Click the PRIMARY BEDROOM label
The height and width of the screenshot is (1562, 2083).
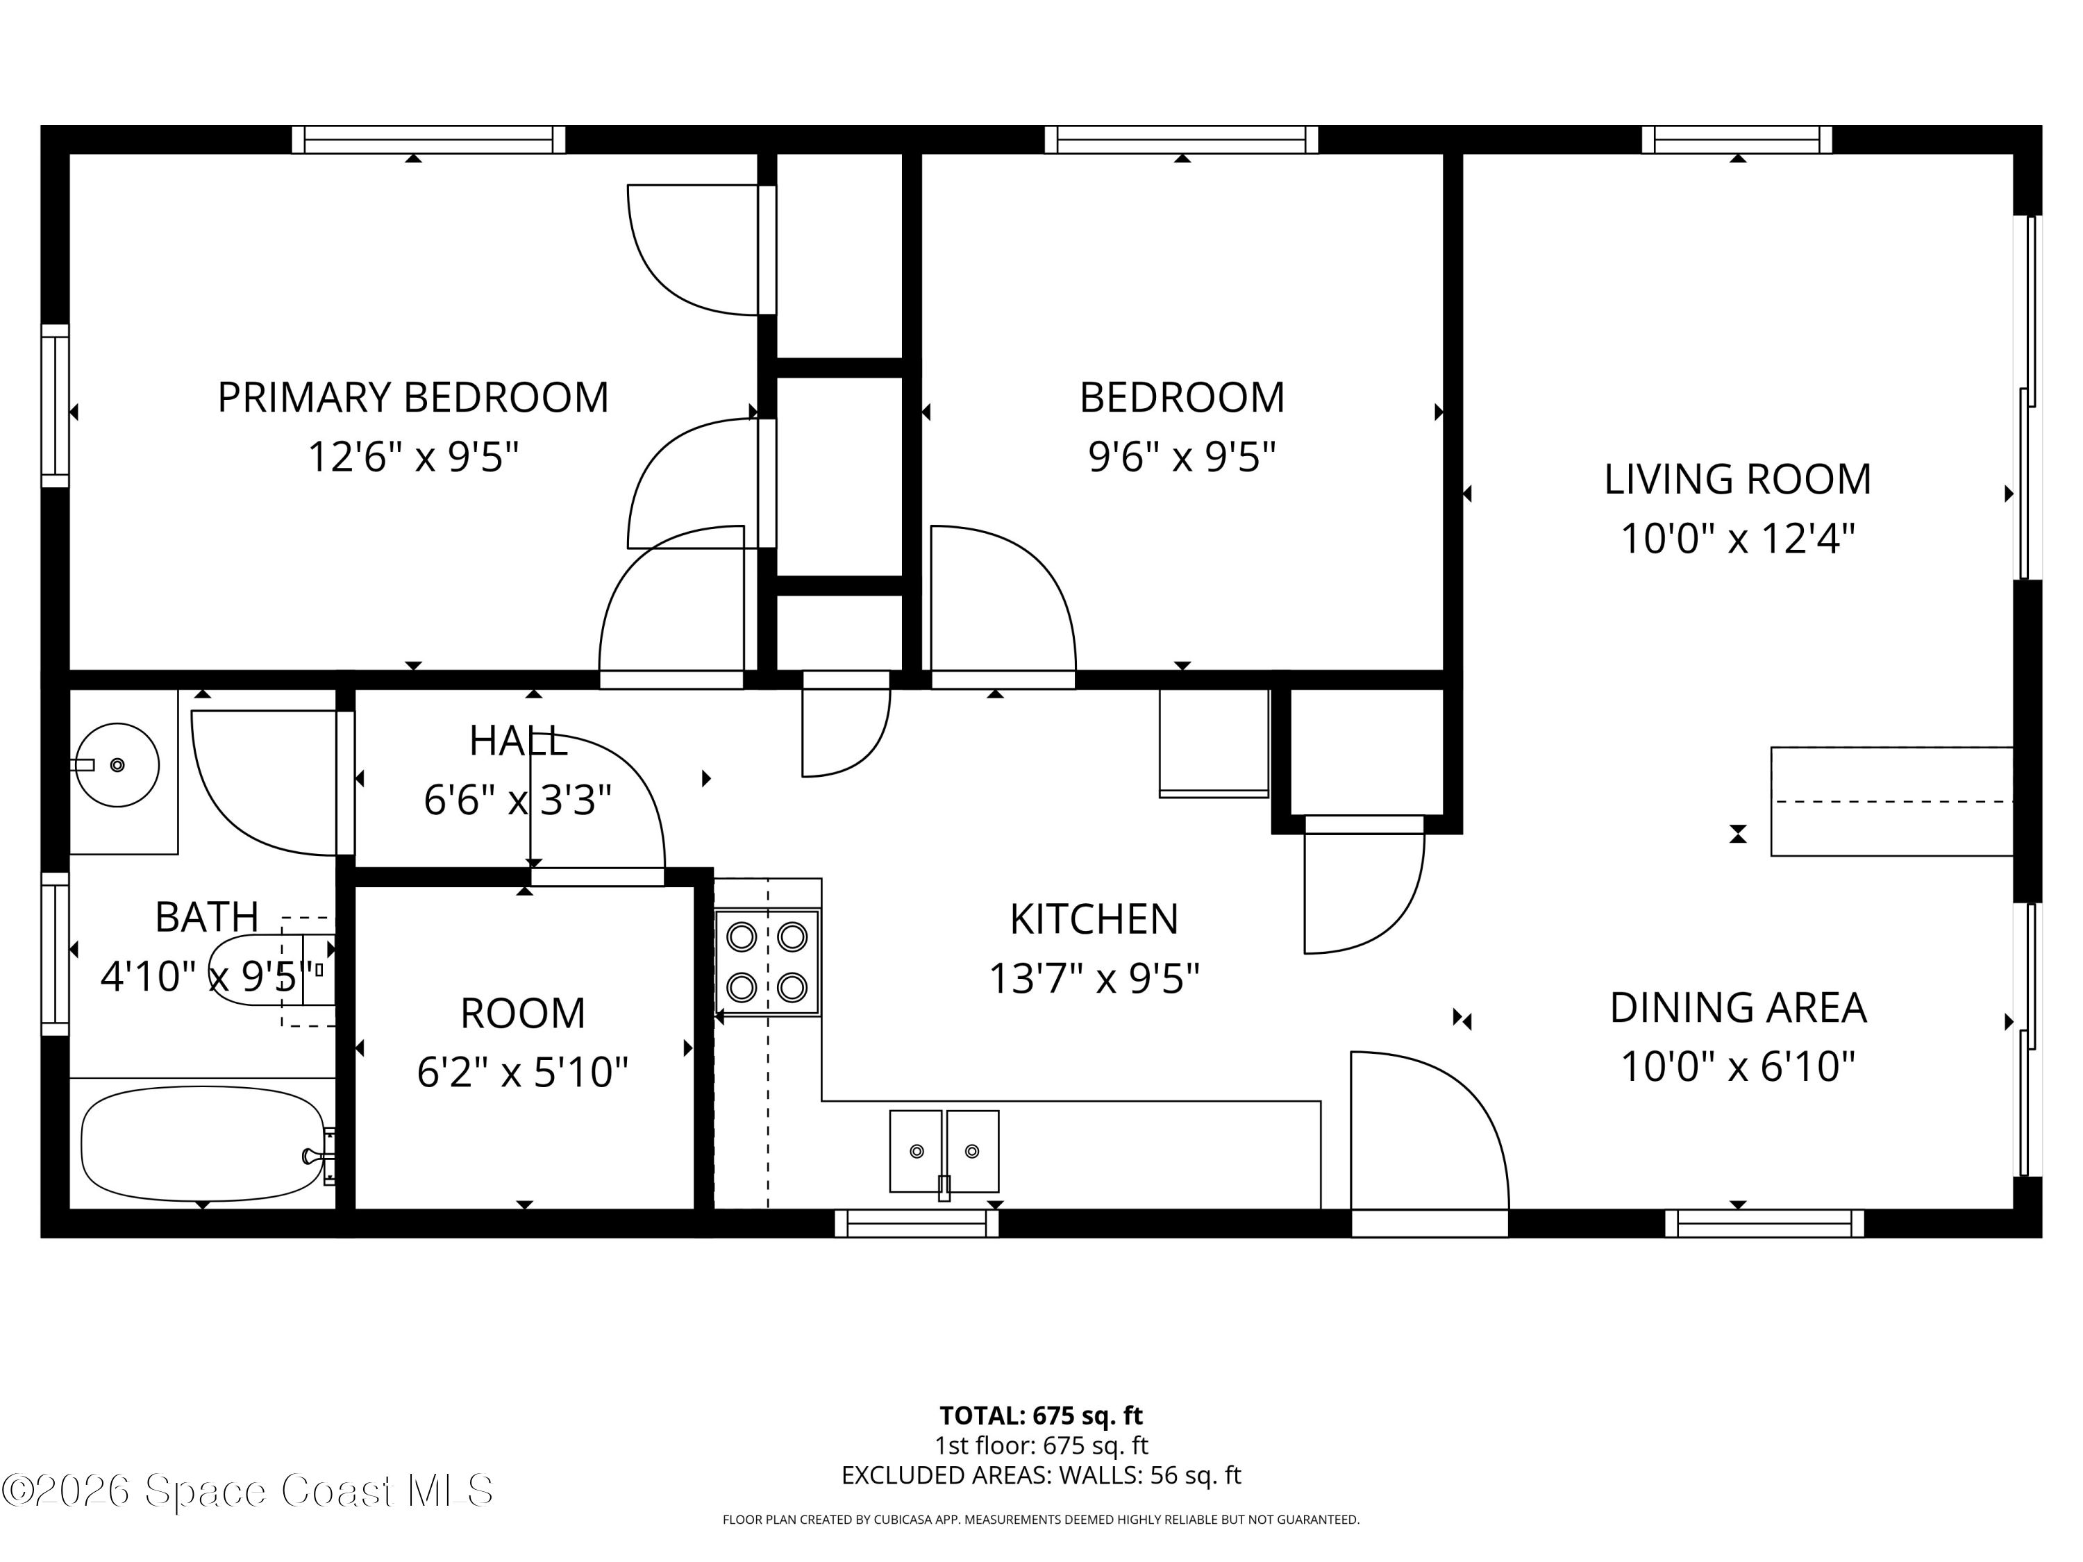[x=412, y=397]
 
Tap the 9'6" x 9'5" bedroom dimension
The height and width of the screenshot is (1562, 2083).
[x=1182, y=457]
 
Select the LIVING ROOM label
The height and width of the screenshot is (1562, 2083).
[x=1737, y=479]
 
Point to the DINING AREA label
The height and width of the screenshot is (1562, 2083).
[x=1737, y=1007]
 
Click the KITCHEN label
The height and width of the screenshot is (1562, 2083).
[x=1094, y=919]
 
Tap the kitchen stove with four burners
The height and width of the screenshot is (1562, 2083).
[x=767, y=962]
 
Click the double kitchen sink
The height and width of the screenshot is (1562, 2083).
[x=944, y=1152]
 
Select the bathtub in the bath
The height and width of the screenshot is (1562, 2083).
[x=203, y=1144]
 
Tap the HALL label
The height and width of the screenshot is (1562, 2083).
[x=519, y=742]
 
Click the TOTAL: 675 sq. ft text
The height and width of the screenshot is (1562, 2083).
[x=1041, y=1415]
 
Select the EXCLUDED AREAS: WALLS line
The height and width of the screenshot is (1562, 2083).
[x=1041, y=1475]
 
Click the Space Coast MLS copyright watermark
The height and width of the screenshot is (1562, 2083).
[x=246, y=1490]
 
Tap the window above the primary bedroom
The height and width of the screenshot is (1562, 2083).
[x=428, y=140]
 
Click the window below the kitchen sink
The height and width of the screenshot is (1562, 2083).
[x=917, y=1223]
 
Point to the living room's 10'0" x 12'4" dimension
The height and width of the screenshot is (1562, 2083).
[x=1737, y=539]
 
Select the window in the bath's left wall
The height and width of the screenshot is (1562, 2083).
[x=56, y=954]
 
